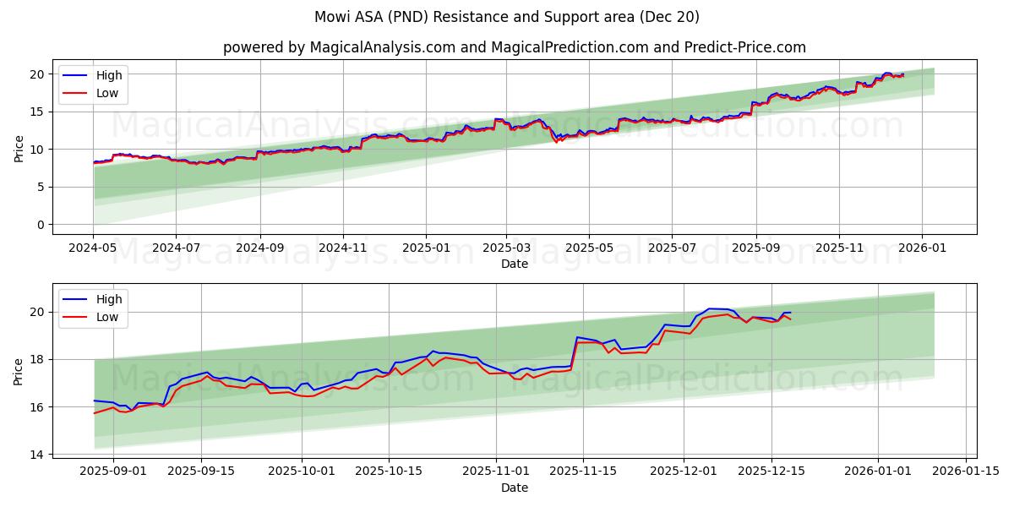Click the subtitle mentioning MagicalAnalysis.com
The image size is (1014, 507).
tap(514, 47)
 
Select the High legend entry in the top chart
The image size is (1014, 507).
tap(109, 75)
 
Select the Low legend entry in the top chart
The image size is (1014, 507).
tap(107, 93)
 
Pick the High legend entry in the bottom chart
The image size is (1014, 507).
tap(109, 299)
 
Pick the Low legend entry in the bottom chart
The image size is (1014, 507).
tap(107, 317)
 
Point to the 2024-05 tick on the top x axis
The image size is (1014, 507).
tap(93, 248)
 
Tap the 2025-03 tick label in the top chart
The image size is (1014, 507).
tap(506, 248)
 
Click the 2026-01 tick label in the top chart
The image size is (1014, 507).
tap(921, 248)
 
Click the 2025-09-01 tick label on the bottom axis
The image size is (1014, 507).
tap(112, 472)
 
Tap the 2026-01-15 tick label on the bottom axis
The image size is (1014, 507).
tap(966, 472)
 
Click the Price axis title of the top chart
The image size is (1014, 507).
tap(19, 148)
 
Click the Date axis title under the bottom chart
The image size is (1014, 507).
tap(514, 488)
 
